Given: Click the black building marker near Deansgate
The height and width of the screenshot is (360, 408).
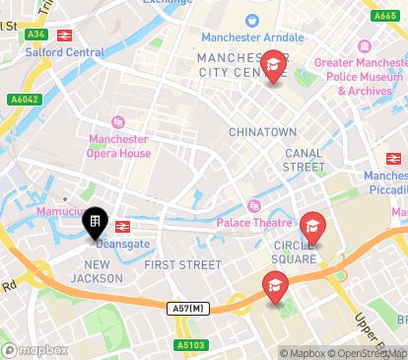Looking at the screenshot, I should click(95, 224).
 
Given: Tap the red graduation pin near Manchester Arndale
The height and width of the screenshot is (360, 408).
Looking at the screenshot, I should click(273, 67).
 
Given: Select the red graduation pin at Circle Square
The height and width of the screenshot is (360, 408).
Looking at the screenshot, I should click(312, 230).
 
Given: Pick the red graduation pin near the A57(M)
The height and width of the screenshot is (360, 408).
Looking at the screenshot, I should click(275, 288).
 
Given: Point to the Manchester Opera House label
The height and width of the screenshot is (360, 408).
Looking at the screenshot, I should click(119, 146).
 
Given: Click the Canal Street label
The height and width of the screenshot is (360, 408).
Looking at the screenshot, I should click(305, 160).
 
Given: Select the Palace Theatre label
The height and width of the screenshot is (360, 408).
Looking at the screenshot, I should click(255, 222).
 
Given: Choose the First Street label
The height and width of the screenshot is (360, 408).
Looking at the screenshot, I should click(183, 264).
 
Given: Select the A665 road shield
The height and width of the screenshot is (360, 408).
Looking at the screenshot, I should click(385, 17).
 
